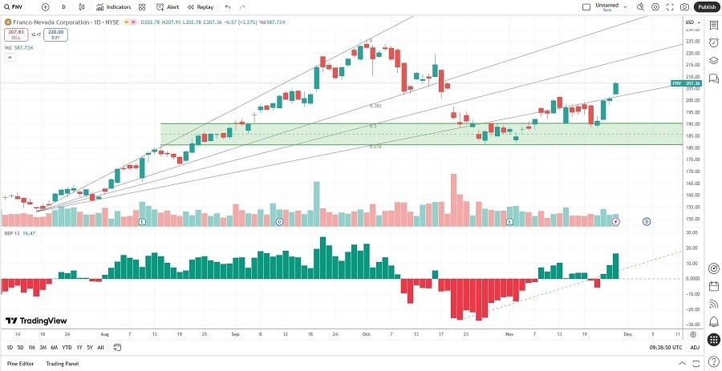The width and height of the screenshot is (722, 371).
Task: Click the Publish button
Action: (x=706, y=6)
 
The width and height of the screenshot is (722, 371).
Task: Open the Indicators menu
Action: (x=114, y=6)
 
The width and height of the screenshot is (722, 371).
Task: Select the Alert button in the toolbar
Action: (x=168, y=6)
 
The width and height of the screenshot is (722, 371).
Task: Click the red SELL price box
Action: (x=15, y=34)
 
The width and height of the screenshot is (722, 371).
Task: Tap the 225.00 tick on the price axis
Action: (x=690, y=41)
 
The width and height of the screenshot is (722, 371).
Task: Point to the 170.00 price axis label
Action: (x=690, y=171)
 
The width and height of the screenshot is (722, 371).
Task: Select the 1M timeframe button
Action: (x=31, y=347)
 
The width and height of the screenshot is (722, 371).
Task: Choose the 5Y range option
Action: (x=89, y=347)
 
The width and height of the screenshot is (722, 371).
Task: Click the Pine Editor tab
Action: (x=22, y=364)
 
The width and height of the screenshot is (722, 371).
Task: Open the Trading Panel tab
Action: (x=63, y=364)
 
